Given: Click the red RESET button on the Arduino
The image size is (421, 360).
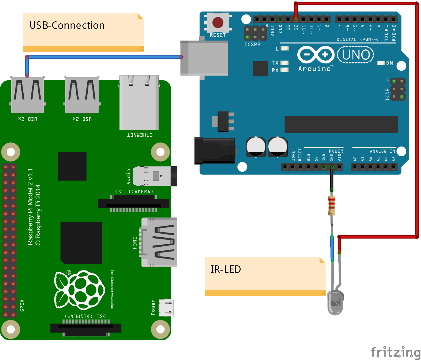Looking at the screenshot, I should pyautogui.click(x=218, y=22).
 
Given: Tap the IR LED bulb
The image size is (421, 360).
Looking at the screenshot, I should pyautogui.click(x=336, y=303).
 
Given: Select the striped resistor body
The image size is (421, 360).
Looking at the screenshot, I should pyautogui.click(x=332, y=205).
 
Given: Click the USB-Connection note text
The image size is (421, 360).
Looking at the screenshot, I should pyautogui.click(x=67, y=26).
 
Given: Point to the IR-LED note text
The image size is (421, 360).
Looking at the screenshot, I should pyautogui.click(x=226, y=269).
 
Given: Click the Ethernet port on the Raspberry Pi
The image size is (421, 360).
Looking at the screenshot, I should pyautogui.click(x=139, y=102).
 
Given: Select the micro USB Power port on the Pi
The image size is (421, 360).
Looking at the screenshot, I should pyautogui.click(x=167, y=307).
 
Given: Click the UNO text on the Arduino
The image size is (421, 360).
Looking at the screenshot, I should pyautogui.click(x=356, y=55).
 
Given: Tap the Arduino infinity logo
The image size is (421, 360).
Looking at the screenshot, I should pyautogui.click(x=316, y=55).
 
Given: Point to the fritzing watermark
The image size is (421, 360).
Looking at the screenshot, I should pyautogui.click(x=395, y=352).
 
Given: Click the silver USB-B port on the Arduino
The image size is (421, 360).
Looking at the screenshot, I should pyautogui.click(x=204, y=58).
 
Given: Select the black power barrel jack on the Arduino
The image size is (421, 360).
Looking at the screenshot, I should pyautogui.click(x=214, y=151).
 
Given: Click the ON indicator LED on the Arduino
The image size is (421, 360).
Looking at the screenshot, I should pyautogui.click(x=381, y=63).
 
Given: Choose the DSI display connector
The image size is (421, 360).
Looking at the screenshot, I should pyautogui.click(x=86, y=328).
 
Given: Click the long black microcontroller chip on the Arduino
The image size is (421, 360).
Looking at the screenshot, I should pyautogui.click(x=341, y=124).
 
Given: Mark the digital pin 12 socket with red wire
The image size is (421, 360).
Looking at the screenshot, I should pyautogui.click(x=296, y=19).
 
